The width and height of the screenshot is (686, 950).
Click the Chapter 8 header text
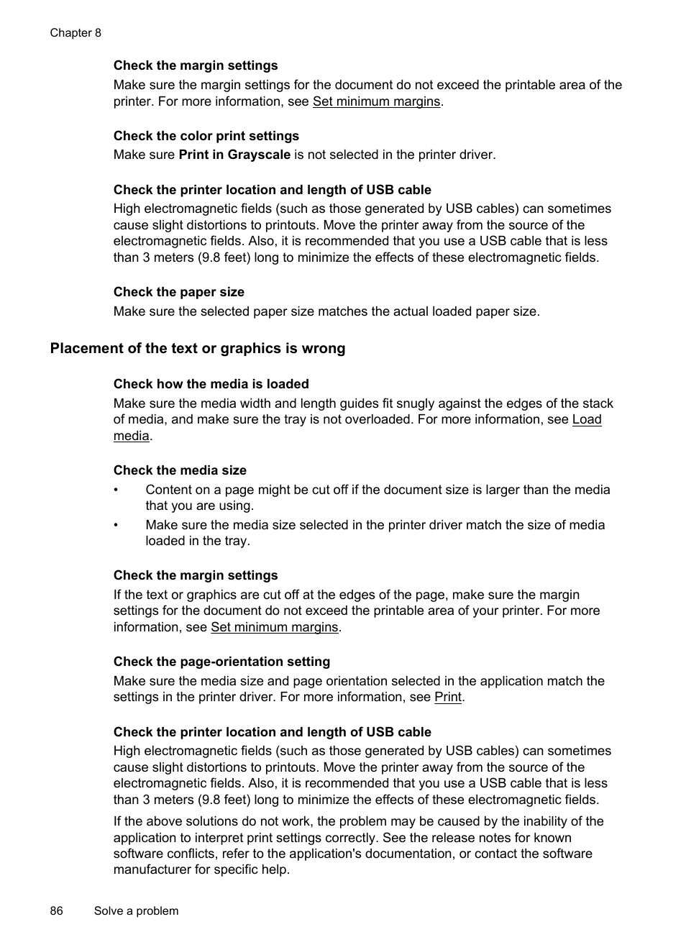click(x=76, y=33)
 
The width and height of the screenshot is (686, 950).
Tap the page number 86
click(x=57, y=910)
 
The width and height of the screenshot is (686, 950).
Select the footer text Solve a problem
click(x=136, y=910)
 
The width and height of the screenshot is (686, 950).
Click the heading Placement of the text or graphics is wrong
click(x=198, y=349)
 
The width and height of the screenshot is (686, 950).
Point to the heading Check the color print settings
click(x=206, y=136)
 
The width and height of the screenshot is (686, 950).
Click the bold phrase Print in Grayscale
click(x=234, y=155)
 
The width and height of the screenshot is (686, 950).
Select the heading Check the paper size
click(x=179, y=292)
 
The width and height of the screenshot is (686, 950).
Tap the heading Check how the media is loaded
click(x=211, y=384)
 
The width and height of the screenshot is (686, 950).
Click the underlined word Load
click(x=587, y=419)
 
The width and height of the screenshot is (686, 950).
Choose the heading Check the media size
click(x=180, y=470)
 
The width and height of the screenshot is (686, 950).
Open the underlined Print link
click(x=448, y=697)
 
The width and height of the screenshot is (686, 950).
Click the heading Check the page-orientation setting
click(x=221, y=662)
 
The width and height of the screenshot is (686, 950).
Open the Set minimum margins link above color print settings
click(x=376, y=101)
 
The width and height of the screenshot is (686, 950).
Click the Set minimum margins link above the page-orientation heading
click(x=274, y=627)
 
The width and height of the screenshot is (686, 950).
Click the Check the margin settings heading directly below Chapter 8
click(x=196, y=65)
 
